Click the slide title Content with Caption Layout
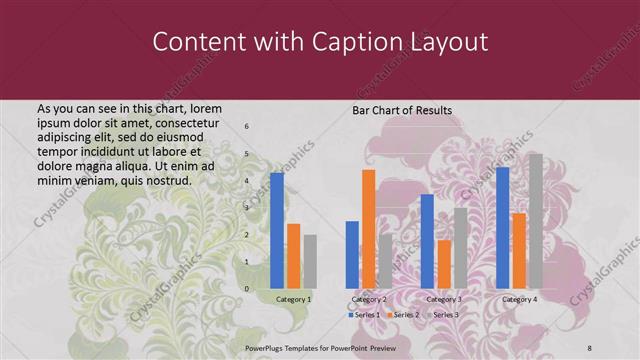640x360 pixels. [320, 43]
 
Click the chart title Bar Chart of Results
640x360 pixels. [402, 110]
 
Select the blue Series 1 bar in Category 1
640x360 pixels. [277, 230]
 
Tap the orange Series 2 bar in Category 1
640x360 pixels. [293, 255]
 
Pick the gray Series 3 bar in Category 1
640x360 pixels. [310, 261]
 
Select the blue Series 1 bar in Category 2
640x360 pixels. [352, 254]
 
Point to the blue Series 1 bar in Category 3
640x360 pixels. [427, 240]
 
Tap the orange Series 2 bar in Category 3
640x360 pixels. [444, 263]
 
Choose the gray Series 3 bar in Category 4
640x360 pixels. [536, 220]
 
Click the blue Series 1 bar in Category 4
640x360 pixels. [502, 227]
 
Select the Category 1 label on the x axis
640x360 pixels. [293, 299]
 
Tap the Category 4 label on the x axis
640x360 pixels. [519, 299]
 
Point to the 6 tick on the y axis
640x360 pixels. [247, 127]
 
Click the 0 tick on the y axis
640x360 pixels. [247, 289]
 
